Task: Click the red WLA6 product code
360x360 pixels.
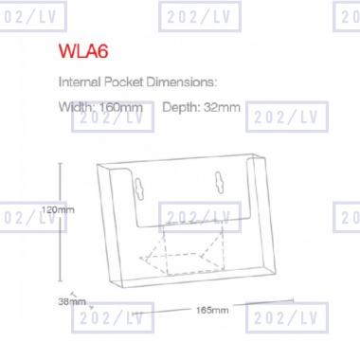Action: pos(83,51)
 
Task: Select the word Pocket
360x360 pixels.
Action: pos(123,82)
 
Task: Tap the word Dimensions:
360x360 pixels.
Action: pos(182,82)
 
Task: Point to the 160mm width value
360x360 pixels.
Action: pos(121,107)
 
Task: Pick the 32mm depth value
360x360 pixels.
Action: pos(222,107)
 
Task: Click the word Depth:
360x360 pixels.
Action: pos(181,107)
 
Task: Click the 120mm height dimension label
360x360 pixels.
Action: pos(58,209)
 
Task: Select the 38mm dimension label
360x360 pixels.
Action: pos(72,301)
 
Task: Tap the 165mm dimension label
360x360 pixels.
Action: pos(212,310)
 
